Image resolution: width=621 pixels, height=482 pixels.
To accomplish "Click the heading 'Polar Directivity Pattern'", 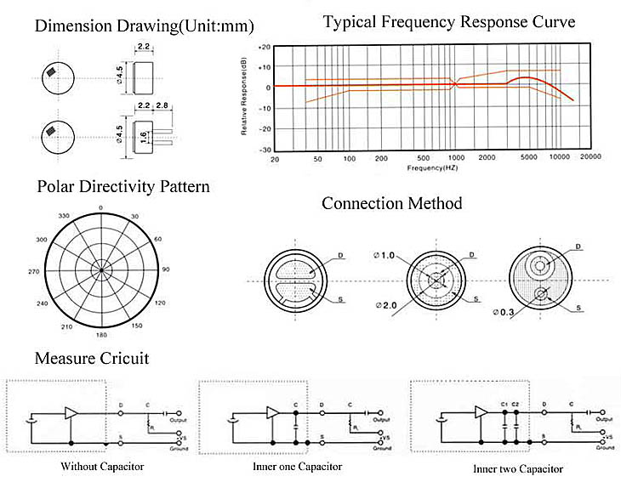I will (x=122, y=186).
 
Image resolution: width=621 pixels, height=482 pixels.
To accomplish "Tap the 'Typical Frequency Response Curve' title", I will (x=449, y=21).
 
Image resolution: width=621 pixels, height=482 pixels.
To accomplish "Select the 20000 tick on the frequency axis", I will (x=590, y=159).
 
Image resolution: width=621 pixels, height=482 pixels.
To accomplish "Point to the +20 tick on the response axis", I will (x=265, y=48).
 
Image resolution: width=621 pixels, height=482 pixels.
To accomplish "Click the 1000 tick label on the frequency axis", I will (x=456, y=159).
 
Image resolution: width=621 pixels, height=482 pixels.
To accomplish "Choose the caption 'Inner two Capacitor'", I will (x=517, y=468).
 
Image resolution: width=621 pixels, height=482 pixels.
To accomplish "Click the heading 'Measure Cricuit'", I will (x=92, y=358).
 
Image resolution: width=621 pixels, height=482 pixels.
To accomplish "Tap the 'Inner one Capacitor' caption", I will (x=298, y=466).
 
